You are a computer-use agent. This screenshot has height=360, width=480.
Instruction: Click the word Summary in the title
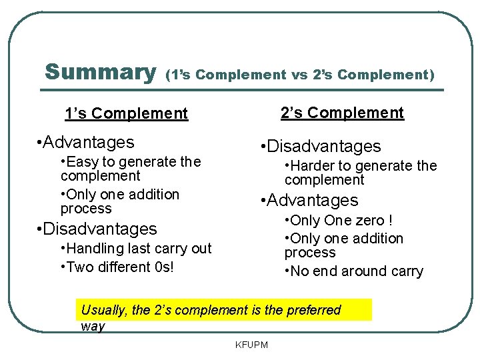pyautogui.click(x=100, y=71)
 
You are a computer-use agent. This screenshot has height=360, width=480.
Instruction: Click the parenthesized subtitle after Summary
pyautogui.click(x=300, y=75)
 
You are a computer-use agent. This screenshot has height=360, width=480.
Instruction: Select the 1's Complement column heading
pyautogui.click(x=127, y=113)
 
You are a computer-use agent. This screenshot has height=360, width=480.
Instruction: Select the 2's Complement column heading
pyautogui.click(x=342, y=113)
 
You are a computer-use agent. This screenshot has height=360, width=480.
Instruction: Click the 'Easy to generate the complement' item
pyautogui.click(x=130, y=169)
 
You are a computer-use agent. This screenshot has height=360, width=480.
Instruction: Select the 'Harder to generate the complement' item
pyautogui.click(x=360, y=173)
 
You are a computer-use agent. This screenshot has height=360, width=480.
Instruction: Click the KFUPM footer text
pyautogui.click(x=251, y=345)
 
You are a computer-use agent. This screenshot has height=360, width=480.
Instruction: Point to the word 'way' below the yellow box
pyautogui.click(x=93, y=326)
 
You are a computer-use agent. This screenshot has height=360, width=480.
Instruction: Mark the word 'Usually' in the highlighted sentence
pyautogui.click(x=103, y=310)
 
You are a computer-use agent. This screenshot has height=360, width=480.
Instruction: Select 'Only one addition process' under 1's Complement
pyautogui.click(x=120, y=201)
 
